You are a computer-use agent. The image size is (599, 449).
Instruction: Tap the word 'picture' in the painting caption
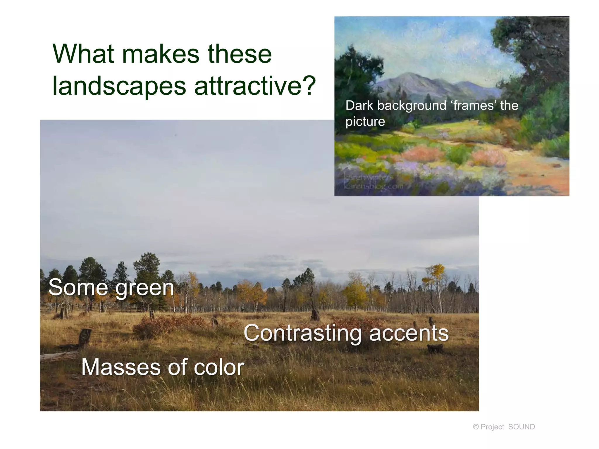click(x=365, y=122)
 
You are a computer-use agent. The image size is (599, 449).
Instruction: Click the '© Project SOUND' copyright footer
click(x=504, y=427)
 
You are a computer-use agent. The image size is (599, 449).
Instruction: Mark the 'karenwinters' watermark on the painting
click(x=369, y=177)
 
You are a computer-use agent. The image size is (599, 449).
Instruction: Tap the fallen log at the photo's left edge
click(x=58, y=357)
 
